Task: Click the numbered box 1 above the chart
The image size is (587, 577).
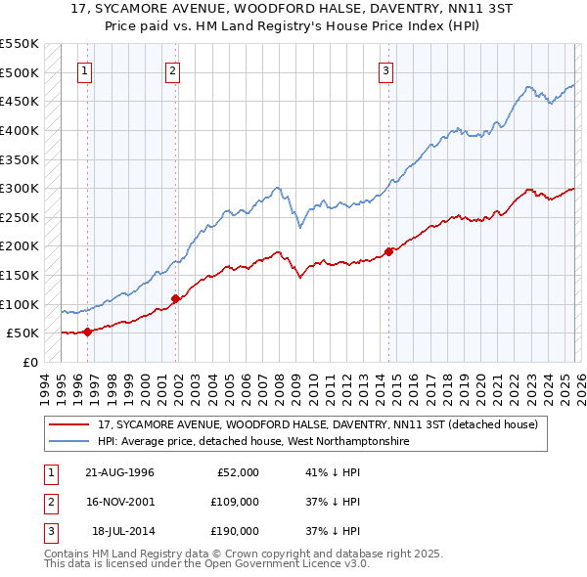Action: coord(85,69)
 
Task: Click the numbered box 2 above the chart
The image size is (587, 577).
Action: coord(172,69)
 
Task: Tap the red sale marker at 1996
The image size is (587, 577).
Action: coord(87,332)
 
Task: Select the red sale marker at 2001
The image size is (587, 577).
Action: coord(175,298)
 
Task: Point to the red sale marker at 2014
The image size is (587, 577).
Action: coord(388,251)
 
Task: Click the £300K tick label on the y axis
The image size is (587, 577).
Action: coord(20,188)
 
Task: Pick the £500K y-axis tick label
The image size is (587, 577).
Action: coord(20,72)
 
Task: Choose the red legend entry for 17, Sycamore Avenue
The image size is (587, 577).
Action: coord(318,424)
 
